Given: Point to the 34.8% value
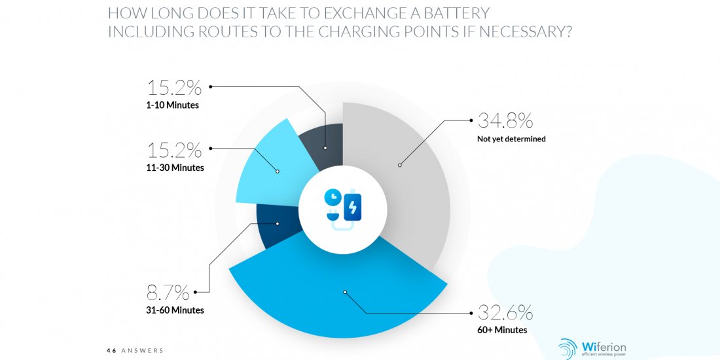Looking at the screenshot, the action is tap(505, 120).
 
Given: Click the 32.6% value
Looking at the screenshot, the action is tap(505, 313).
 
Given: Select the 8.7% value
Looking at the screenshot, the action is tap(168, 292).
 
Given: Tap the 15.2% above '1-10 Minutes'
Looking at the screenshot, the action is tap(174, 87).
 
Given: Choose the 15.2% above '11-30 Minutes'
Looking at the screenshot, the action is tap(174, 150).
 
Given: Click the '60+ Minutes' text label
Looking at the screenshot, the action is tap(502, 330).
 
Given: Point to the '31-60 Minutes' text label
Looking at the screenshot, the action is tap(175, 310).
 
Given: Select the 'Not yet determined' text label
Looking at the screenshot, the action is tap(512, 139).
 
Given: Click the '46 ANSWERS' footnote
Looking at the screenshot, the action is tap(135, 350).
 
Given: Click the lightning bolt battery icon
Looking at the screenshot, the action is tap(352, 207).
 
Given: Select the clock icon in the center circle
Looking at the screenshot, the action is tap(333, 197).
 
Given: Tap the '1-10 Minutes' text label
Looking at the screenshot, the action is tap(172, 105).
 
